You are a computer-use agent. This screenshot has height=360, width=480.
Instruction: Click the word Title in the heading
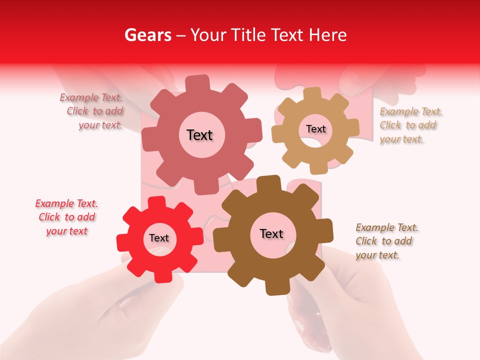coord(248,35)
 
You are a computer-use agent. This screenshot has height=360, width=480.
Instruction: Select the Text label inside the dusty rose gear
coord(199,135)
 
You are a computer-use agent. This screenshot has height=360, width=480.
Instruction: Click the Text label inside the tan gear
coord(315,129)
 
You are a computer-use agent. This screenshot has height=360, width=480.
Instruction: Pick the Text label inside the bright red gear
coord(159,238)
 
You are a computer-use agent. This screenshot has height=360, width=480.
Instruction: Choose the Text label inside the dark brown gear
coord(271,233)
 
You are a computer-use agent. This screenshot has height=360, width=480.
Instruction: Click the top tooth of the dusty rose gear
coord(197,82)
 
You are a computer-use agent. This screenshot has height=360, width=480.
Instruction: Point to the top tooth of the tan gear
coord(312,93)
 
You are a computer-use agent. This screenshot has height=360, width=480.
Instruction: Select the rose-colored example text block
coord(95,111)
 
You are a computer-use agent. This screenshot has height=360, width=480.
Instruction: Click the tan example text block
coord(410,125)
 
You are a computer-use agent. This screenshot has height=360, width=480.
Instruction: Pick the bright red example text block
coord(66,217)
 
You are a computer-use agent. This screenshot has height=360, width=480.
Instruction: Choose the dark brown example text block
coord(386,241)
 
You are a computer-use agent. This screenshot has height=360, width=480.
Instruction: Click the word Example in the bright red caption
coord(54,203)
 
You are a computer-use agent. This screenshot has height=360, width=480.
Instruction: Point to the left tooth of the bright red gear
coord(123,242)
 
